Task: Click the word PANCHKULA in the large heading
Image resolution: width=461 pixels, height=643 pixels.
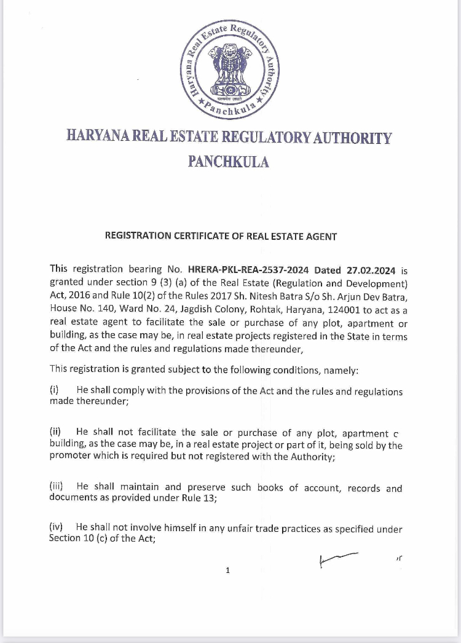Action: pyautogui.click(x=228, y=162)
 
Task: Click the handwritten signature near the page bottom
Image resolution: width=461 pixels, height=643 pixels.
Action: pyautogui.click(x=338, y=558)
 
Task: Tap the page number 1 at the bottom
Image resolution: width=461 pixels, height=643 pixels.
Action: pyautogui.click(x=227, y=570)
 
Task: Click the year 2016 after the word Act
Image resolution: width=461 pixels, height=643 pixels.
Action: pyautogui.click(x=77, y=296)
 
